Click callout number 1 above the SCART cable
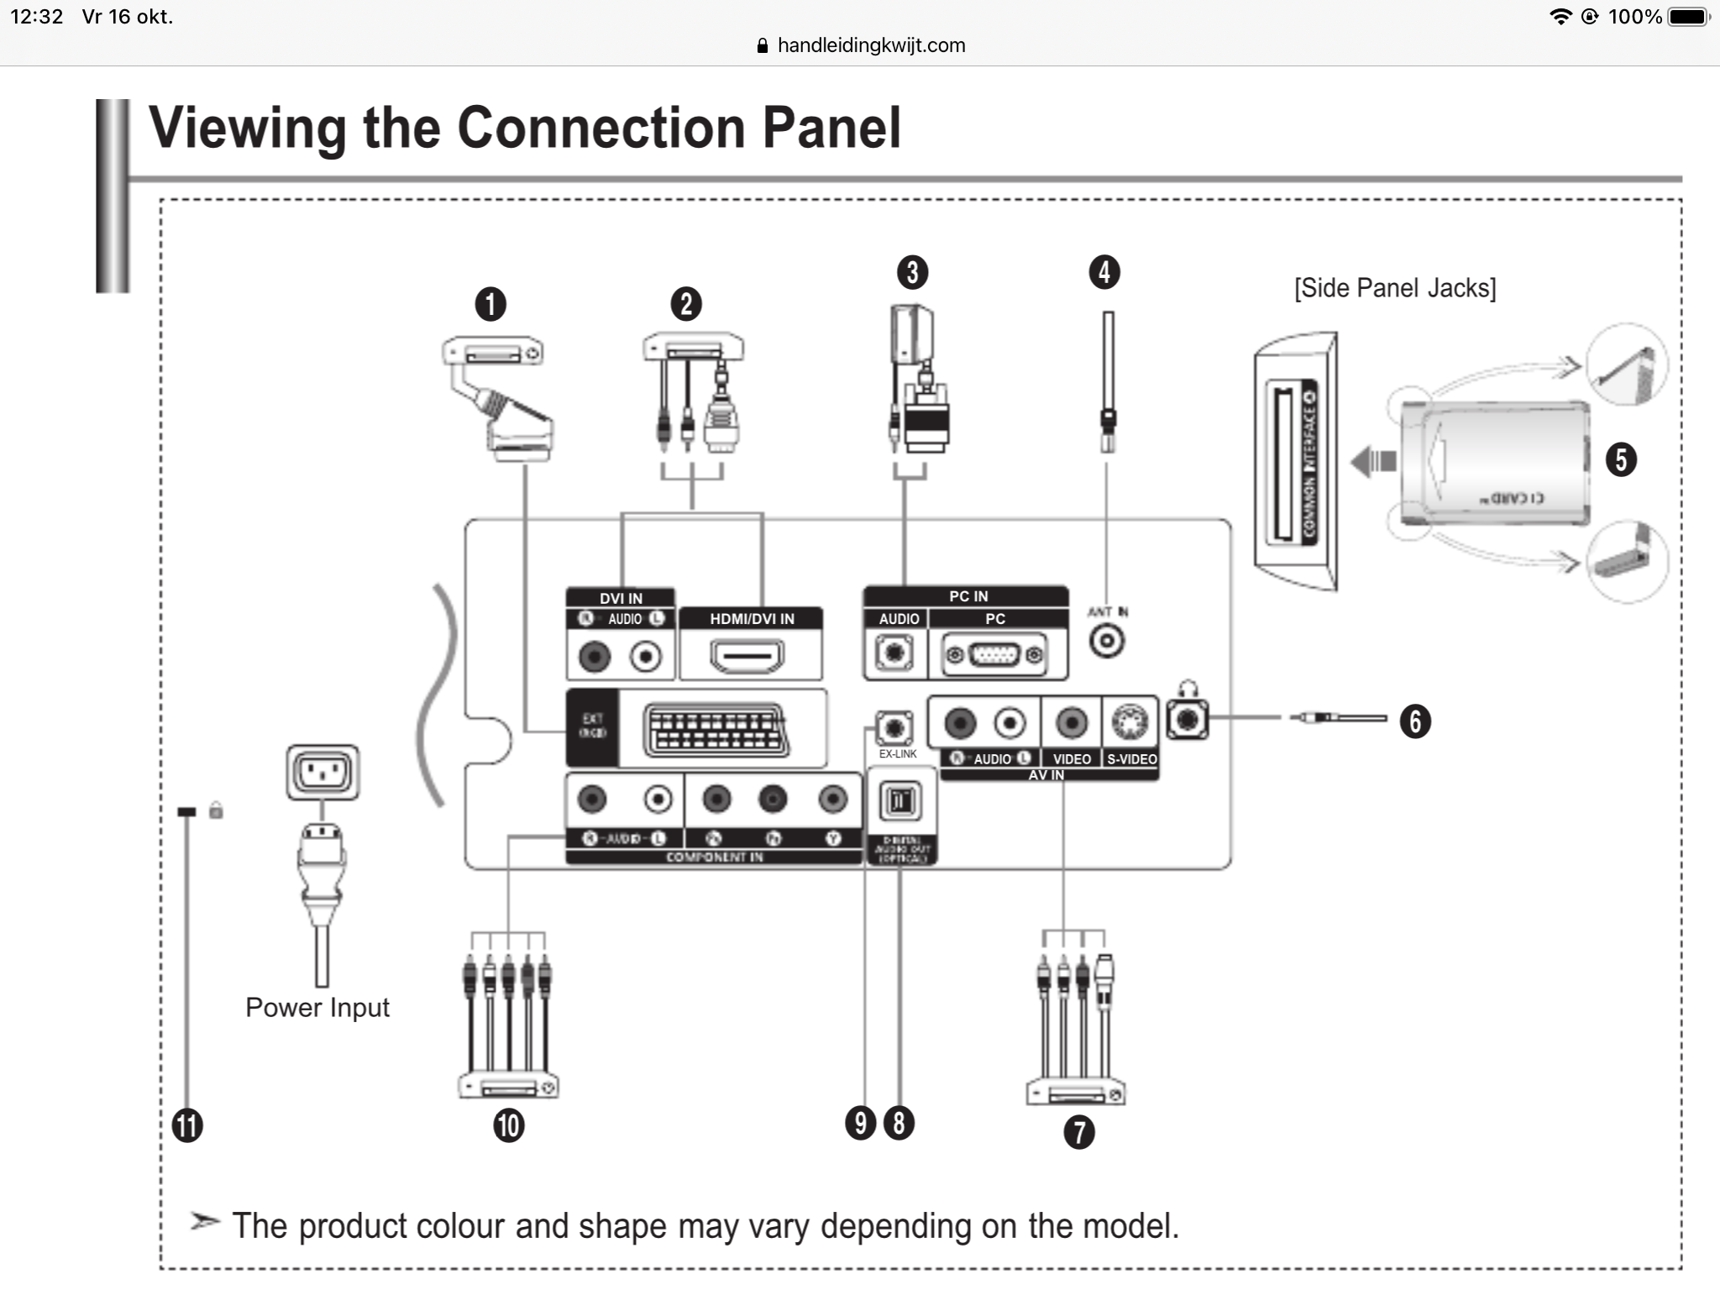click(x=490, y=304)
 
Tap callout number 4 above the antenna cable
click(x=1104, y=272)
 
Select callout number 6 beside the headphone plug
click(x=1415, y=721)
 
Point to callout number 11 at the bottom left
click(x=187, y=1125)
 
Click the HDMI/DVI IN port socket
click(x=747, y=657)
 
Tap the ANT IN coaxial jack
click(x=1107, y=642)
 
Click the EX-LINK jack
click(x=894, y=727)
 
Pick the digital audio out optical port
click(x=899, y=801)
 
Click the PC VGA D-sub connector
click(x=995, y=655)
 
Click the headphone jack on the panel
click(x=1188, y=720)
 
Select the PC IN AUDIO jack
click(x=894, y=653)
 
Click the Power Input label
click(x=317, y=1008)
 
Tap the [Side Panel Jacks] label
click(x=1394, y=288)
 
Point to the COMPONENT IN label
click(x=714, y=857)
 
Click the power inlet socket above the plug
click(x=323, y=771)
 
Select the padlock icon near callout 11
click(x=216, y=810)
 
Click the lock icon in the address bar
click(x=763, y=45)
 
